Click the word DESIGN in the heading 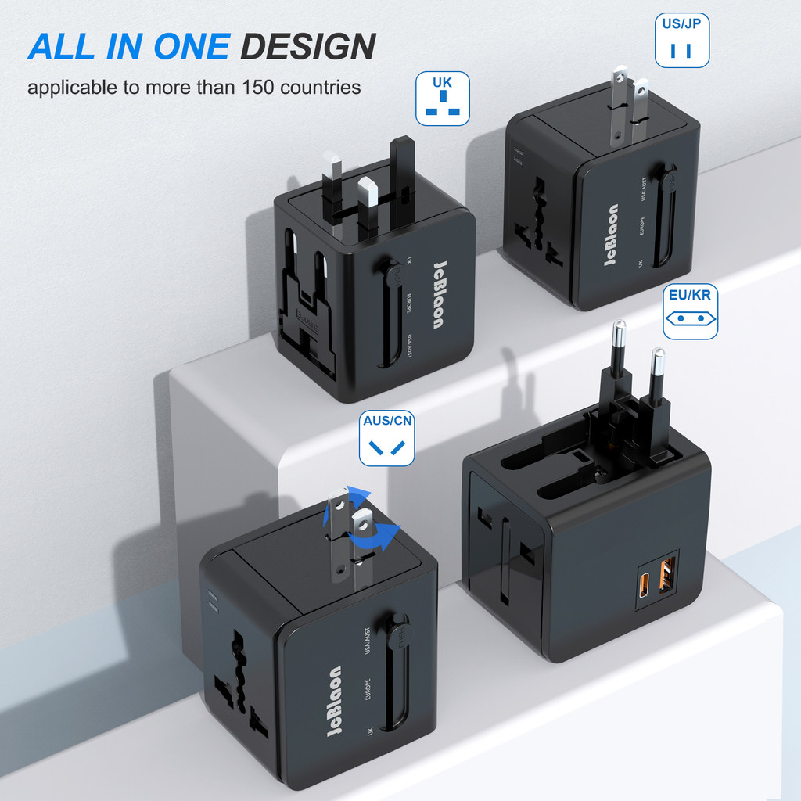click(x=307, y=46)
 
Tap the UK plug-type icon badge click(x=442, y=99)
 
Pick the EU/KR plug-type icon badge click(x=690, y=311)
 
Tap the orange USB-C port click(x=645, y=586)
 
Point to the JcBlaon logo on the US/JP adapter click(x=612, y=235)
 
